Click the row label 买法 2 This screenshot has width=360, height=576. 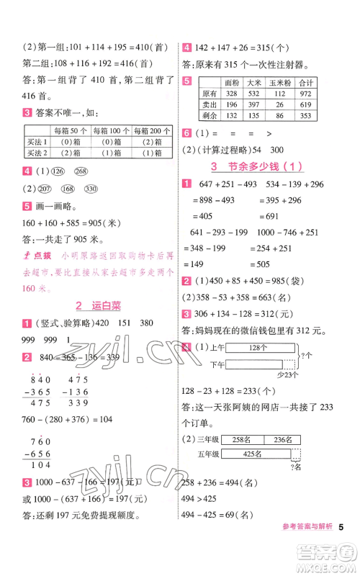pos(35,153)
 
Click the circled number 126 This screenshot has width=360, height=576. pos(58,171)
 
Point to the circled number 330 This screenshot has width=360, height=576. pos(90,189)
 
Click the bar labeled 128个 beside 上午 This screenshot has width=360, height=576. pos(253,347)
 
